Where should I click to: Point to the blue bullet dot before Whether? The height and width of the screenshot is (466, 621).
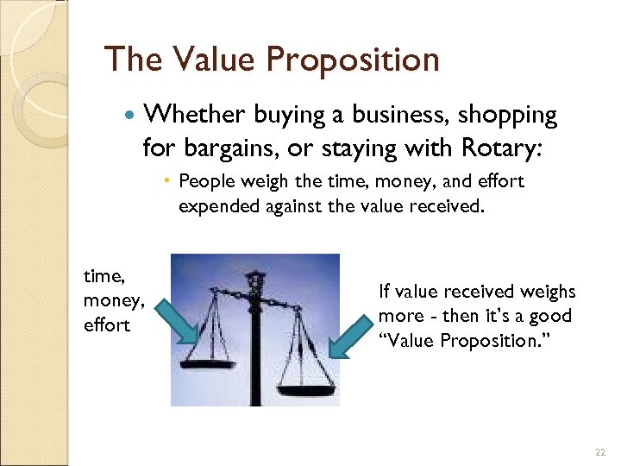(x=130, y=116)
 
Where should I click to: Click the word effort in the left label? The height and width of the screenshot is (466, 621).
(x=106, y=324)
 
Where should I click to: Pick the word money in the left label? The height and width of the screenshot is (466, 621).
(x=111, y=300)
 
